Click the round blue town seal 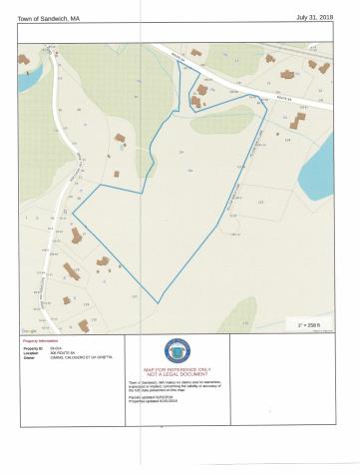click(179, 350)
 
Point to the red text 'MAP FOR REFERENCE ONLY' click(179, 368)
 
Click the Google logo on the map click(29, 330)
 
